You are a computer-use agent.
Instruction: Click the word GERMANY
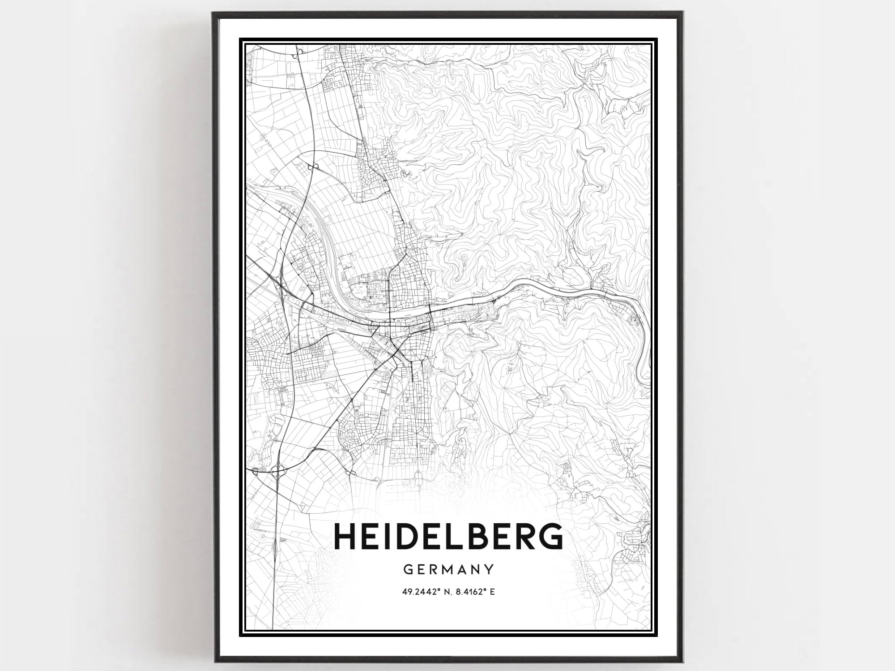448,569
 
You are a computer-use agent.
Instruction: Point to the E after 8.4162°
492,592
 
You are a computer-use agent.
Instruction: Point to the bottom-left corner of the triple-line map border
240,635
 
